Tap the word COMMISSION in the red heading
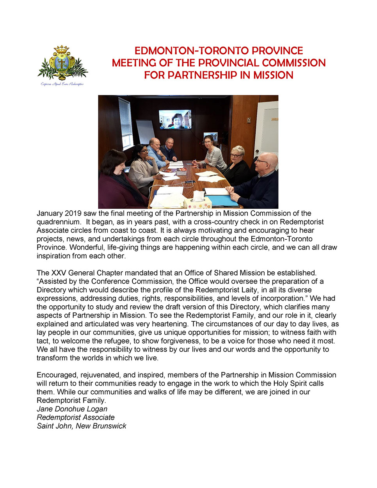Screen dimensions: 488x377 click(293, 63)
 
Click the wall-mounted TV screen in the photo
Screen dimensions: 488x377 click(175, 119)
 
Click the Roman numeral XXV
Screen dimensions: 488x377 click(59, 273)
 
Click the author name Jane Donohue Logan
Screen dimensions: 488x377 click(72, 409)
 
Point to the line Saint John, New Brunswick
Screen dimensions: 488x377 click(81, 426)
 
